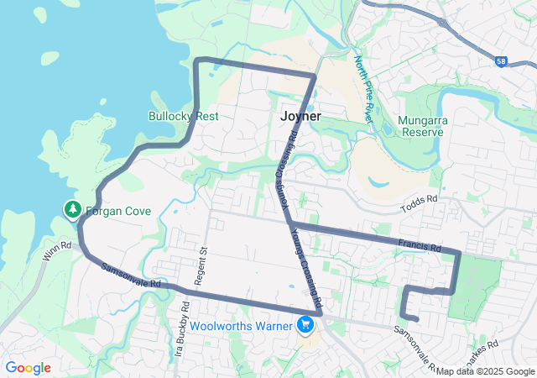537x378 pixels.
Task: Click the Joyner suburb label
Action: (x=300, y=117)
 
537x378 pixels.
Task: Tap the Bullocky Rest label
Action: (x=183, y=116)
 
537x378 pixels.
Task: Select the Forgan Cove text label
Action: (x=118, y=211)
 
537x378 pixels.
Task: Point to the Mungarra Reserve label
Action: (x=423, y=126)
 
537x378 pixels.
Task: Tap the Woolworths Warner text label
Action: (x=241, y=325)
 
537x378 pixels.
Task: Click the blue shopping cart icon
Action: (x=306, y=325)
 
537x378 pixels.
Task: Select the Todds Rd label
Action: (x=420, y=199)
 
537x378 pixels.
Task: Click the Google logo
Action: (x=29, y=368)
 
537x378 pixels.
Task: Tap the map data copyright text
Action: (x=485, y=371)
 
